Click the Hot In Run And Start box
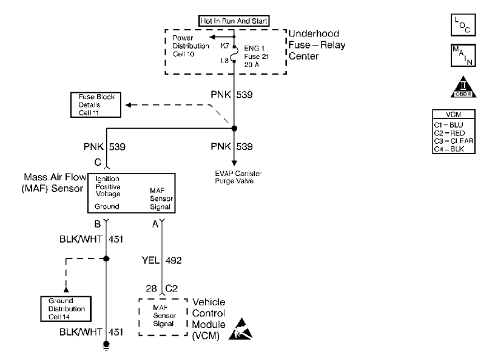click(234, 21)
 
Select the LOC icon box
click(463, 25)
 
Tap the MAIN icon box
click(463, 55)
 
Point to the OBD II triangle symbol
click(463, 87)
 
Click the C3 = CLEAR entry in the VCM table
click(454, 141)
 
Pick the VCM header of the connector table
click(454, 114)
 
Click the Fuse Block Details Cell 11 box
click(96, 105)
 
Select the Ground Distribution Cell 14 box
click(66, 309)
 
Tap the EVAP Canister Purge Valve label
click(238, 177)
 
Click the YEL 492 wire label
click(161, 260)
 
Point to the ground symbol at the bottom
click(106, 345)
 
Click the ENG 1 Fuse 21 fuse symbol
click(234, 54)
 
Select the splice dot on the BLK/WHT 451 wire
click(106, 259)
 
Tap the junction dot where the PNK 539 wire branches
click(234, 128)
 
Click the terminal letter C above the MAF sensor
click(98, 162)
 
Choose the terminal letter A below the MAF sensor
click(155, 225)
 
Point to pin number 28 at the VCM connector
click(151, 288)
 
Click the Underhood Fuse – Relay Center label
click(317, 45)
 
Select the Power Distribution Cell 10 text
click(190, 46)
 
